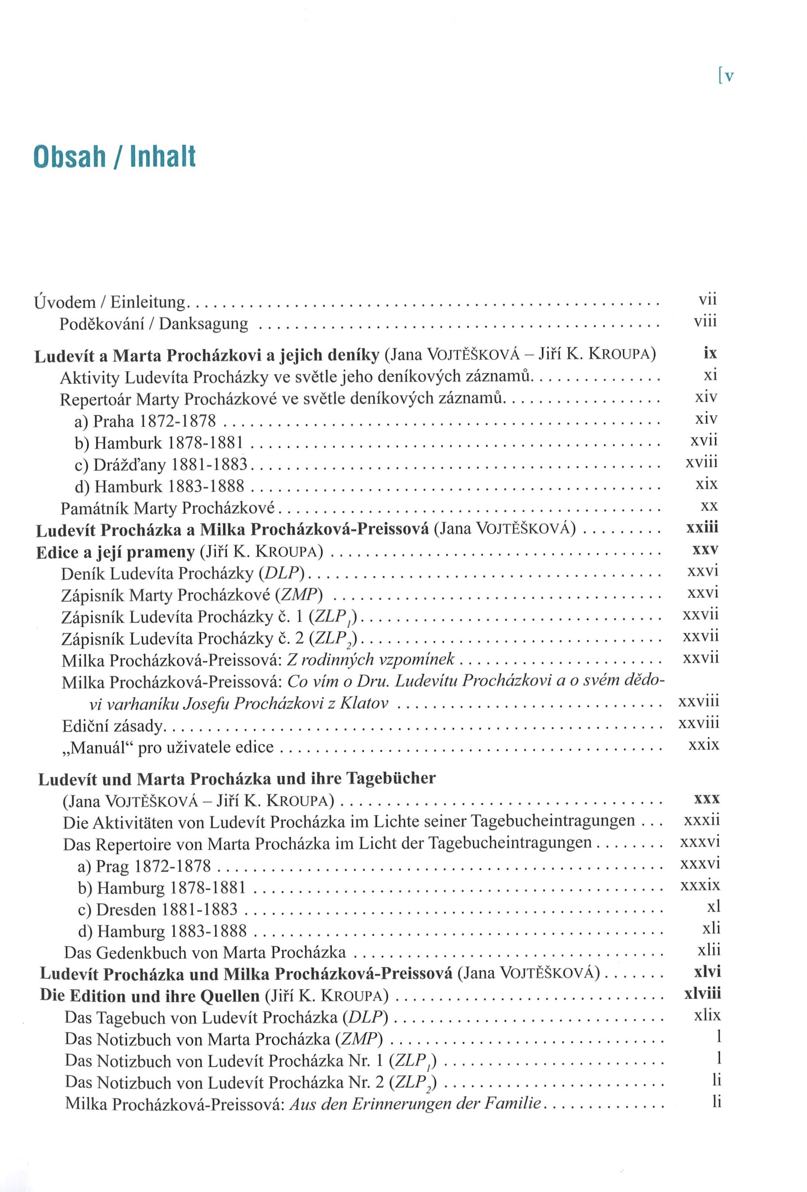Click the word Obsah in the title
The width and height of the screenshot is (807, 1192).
coord(70,156)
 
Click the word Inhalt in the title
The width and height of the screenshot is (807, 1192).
coord(163,156)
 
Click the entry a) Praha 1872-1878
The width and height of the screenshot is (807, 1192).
coord(145,421)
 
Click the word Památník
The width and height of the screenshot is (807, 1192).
coord(94,509)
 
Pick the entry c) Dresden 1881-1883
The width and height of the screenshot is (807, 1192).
coord(158,910)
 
